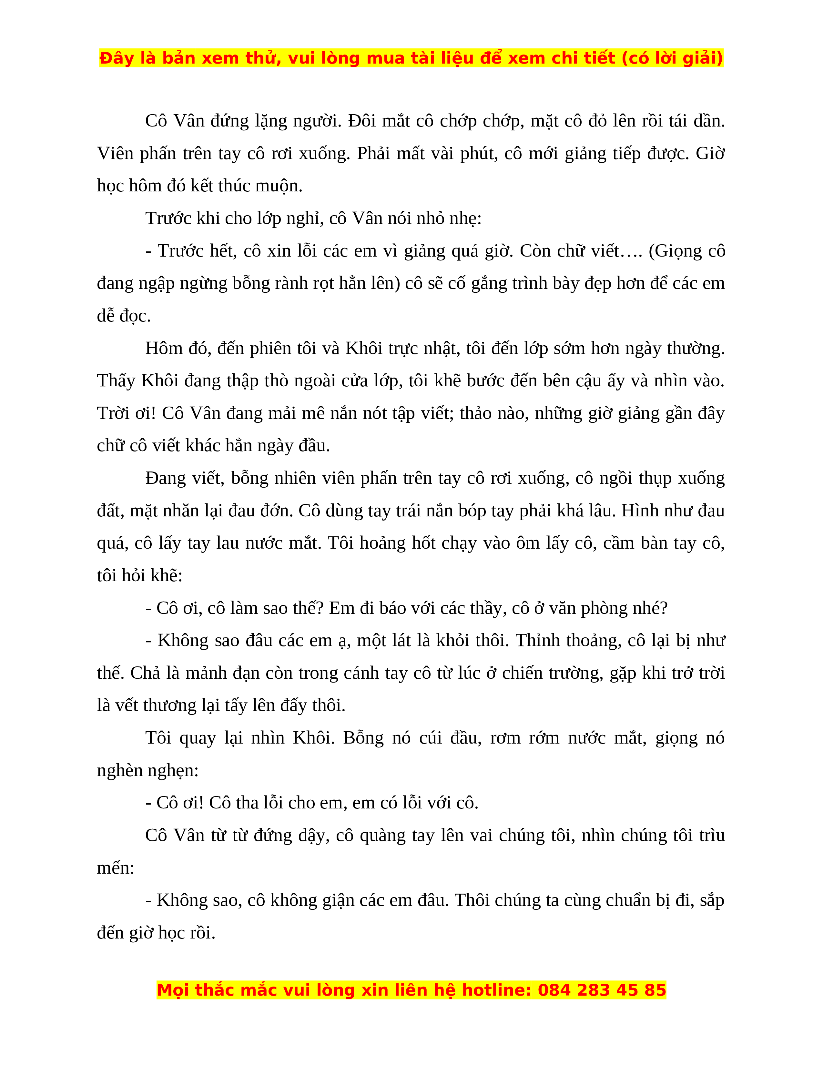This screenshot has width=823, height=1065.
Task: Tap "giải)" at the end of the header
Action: [703, 58]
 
